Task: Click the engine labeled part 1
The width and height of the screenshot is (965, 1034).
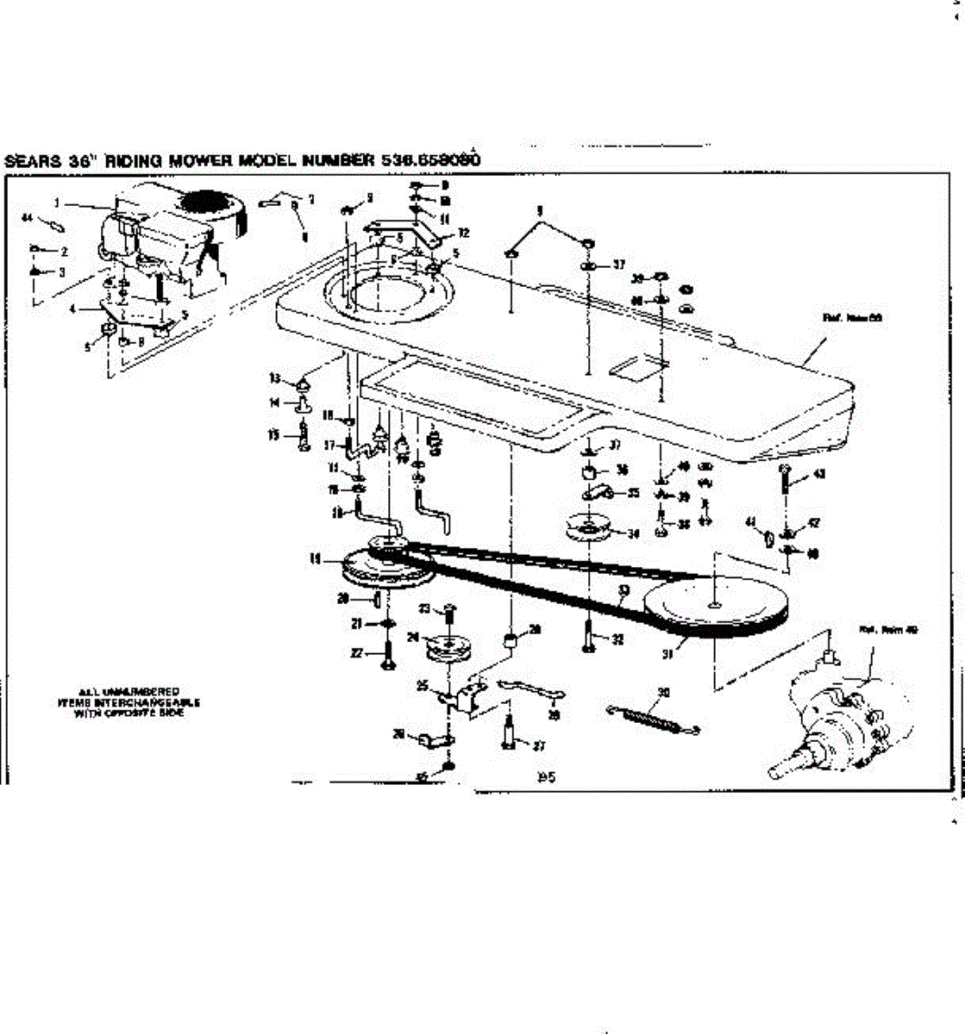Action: click(x=168, y=233)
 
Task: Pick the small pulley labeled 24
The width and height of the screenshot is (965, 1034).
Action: click(x=448, y=647)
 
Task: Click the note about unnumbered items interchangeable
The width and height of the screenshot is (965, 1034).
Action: click(x=128, y=701)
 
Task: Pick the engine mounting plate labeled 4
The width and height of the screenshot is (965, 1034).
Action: click(x=138, y=315)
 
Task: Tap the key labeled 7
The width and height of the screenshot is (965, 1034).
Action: click(x=274, y=202)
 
